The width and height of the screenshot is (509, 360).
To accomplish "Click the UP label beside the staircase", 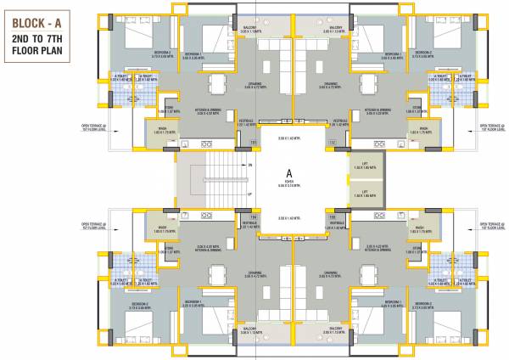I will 249,194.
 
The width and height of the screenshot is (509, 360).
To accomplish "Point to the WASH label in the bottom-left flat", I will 161,228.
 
